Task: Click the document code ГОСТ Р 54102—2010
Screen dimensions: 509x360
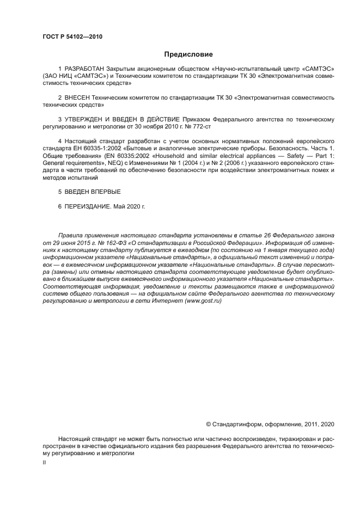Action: (x=72, y=37)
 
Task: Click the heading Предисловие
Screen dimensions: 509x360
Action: (x=188, y=54)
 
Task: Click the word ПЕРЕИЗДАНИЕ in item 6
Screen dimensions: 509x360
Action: (x=89, y=207)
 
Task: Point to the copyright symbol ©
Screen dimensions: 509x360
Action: (x=208, y=424)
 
